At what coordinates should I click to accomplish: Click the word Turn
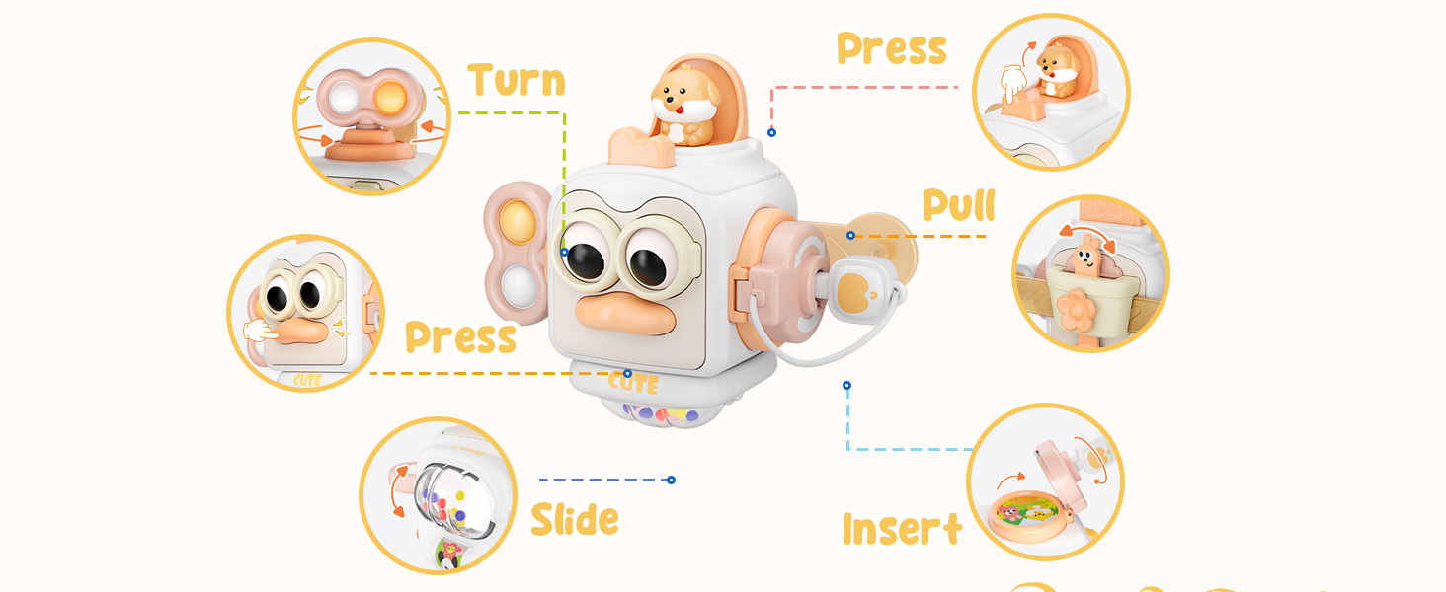pyautogui.click(x=517, y=80)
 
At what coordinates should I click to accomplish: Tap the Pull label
pyautogui.click(x=959, y=205)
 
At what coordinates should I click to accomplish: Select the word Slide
pyautogui.click(x=575, y=519)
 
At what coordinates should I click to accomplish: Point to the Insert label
pyautogui.click(x=902, y=529)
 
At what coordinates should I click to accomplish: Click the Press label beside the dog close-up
pyautogui.click(x=891, y=48)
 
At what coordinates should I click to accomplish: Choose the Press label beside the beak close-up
pyautogui.click(x=460, y=337)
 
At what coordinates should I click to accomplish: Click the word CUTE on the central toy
pyautogui.click(x=633, y=381)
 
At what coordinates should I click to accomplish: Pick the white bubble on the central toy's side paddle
pyautogui.click(x=514, y=287)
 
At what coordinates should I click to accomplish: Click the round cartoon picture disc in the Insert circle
pyautogui.click(x=1025, y=512)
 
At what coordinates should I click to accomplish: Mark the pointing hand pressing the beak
pyautogui.click(x=260, y=330)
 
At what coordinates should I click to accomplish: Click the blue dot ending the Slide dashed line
pyautogui.click(x=671, y=480)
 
